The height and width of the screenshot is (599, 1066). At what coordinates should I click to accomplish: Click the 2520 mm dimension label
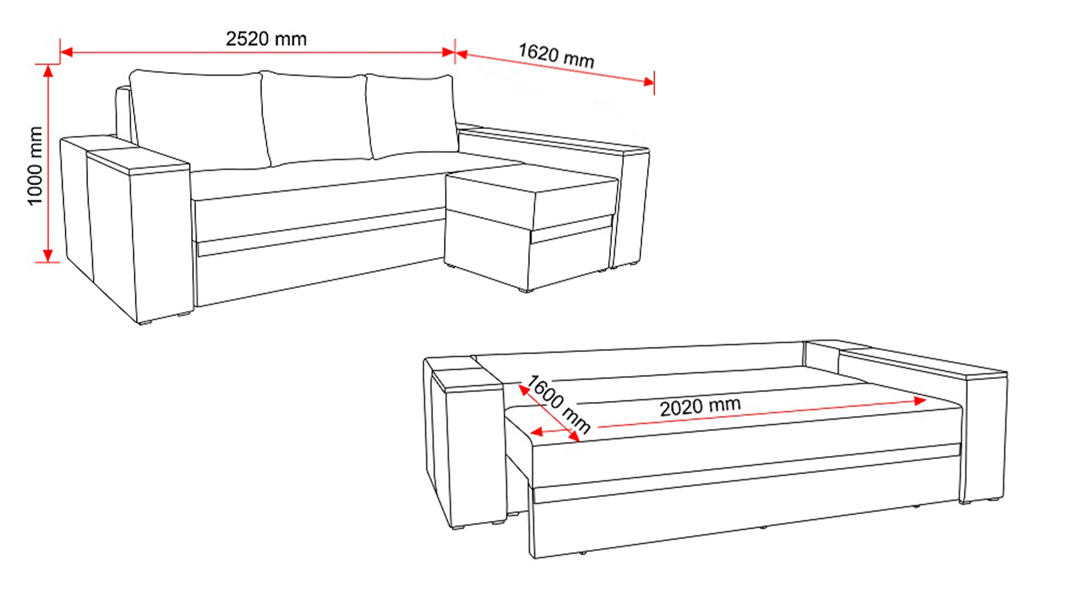[x=266, y=39]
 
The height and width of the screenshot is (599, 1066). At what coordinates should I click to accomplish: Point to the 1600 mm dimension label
[x=559, y=404]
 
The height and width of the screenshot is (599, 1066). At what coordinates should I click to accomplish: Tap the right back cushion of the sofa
[x=412, y=116]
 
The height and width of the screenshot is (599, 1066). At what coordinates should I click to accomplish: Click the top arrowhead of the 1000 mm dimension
[x=49, y=72]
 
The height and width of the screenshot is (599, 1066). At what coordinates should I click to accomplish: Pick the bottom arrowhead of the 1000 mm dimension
[x=49, y=255]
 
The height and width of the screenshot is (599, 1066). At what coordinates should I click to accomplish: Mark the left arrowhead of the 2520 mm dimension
[x=66, y=52]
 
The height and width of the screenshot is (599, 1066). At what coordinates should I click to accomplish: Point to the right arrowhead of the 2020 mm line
[x=920, y=400]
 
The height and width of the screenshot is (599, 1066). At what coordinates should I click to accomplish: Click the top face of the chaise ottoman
[x=532, y=179]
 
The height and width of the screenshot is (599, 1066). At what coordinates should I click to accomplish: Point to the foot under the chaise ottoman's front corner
[x=526, y=291]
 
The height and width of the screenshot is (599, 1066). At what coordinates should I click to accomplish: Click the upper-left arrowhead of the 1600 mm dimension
[x=524, y=390]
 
